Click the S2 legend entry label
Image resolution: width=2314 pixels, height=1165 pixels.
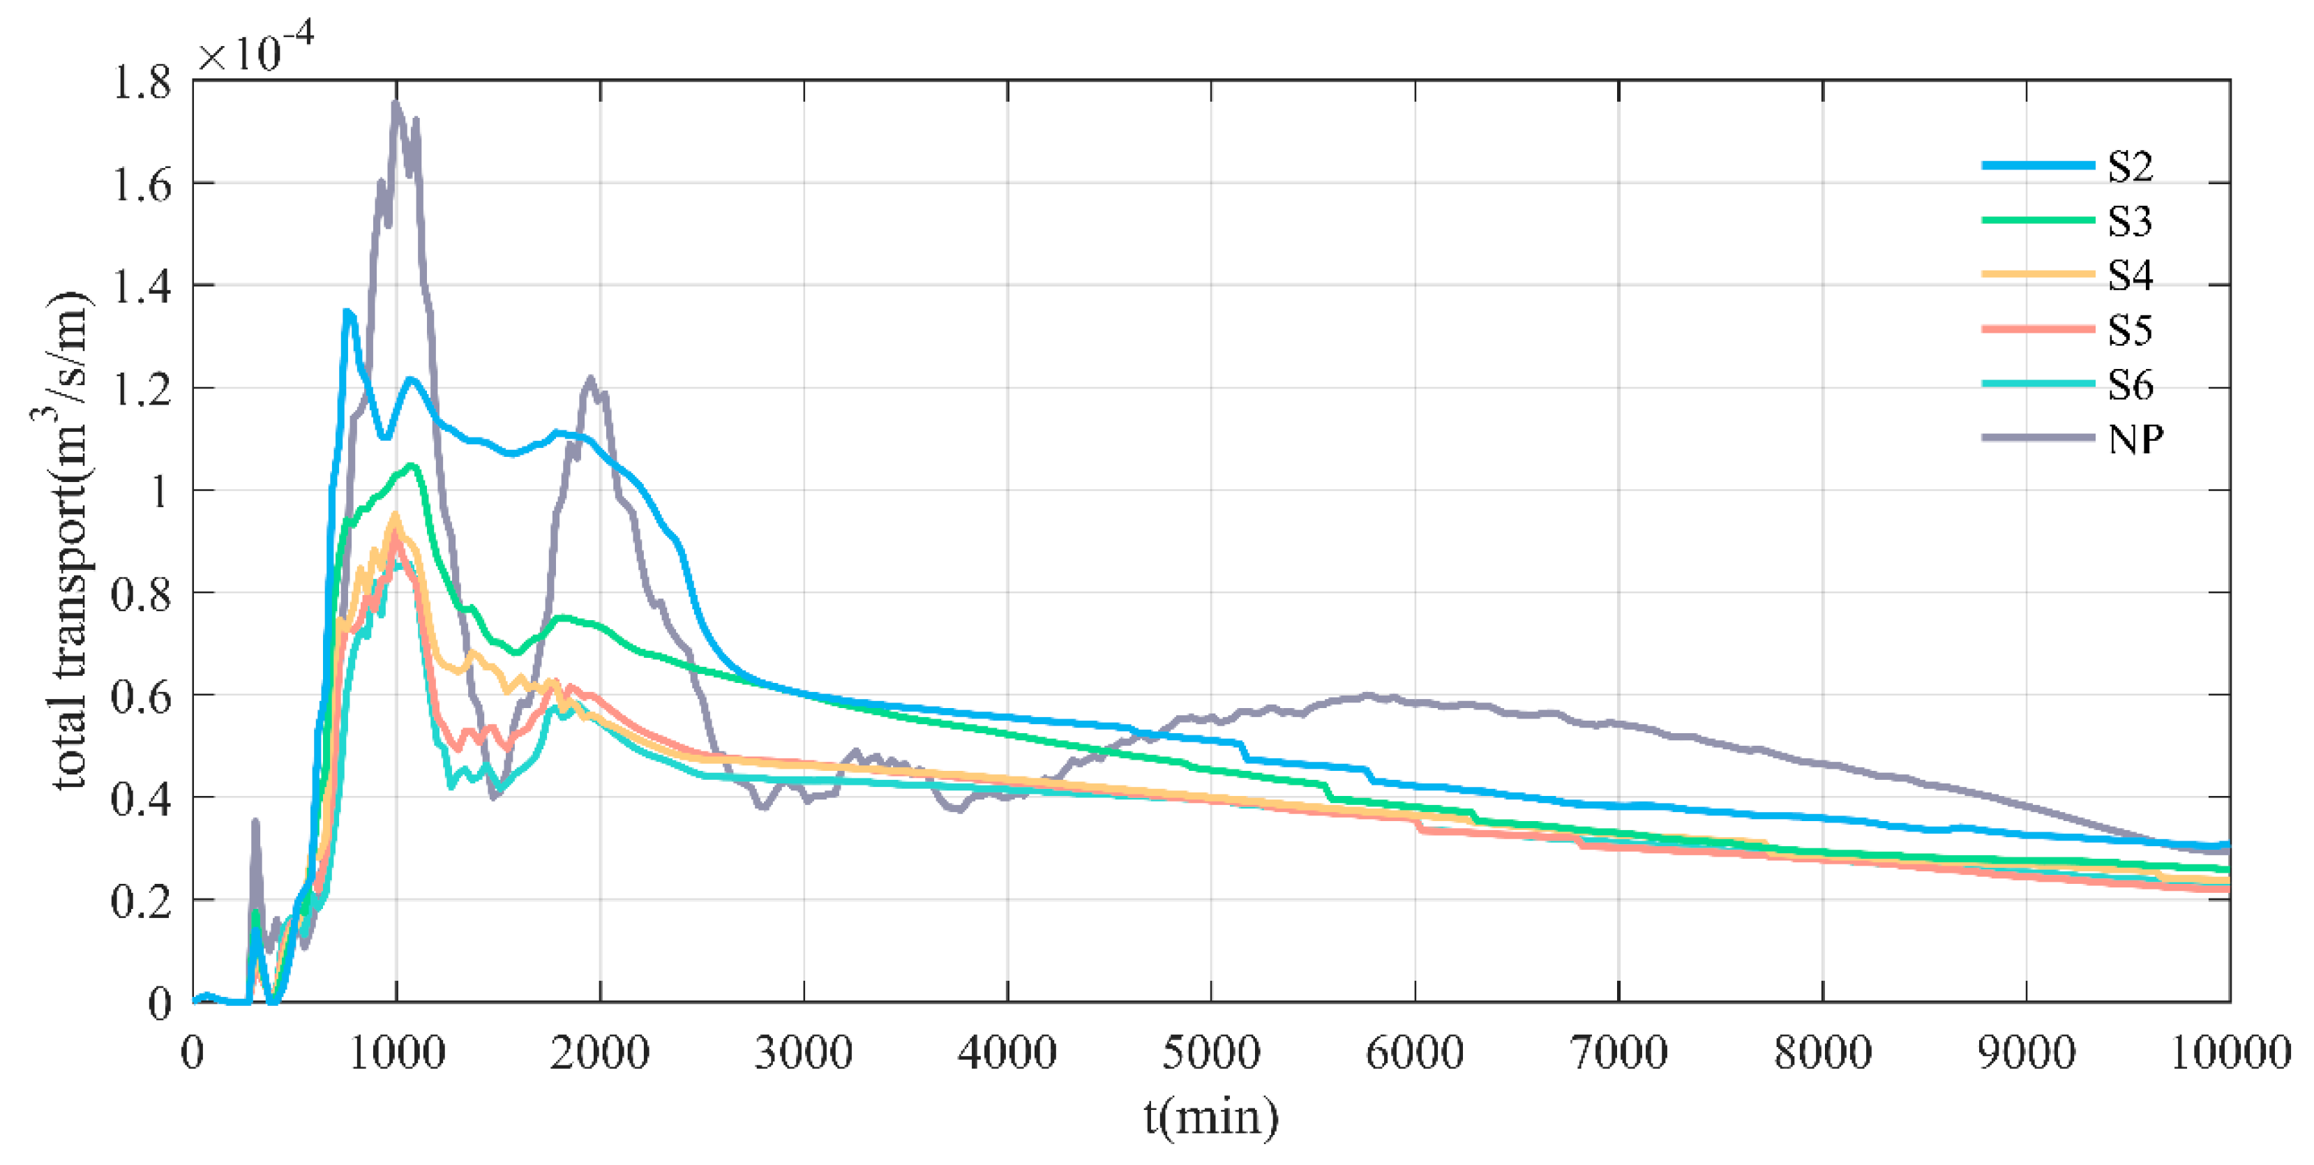tap(2130, 167)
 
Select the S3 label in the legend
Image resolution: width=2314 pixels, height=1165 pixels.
tap(2130, 222)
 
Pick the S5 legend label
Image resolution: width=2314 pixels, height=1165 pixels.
tap(2130, 331)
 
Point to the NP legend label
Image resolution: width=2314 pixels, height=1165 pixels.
tap(2135, 440)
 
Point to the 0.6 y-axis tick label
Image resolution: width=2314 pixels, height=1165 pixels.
tap(141, 697)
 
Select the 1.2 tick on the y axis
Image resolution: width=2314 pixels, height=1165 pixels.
tap(141, 390)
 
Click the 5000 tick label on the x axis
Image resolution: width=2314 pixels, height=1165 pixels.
tap(1211, 1053)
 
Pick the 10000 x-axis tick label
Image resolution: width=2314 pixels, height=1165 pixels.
tap(2230, 1053)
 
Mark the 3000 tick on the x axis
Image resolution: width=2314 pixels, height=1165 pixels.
tap(803, 1053)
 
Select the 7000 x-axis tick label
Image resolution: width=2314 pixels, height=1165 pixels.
tap(1618, 1053)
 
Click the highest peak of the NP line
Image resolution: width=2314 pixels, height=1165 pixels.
tap(396, 104)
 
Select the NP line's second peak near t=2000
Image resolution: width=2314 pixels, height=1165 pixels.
tap(590, 379)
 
